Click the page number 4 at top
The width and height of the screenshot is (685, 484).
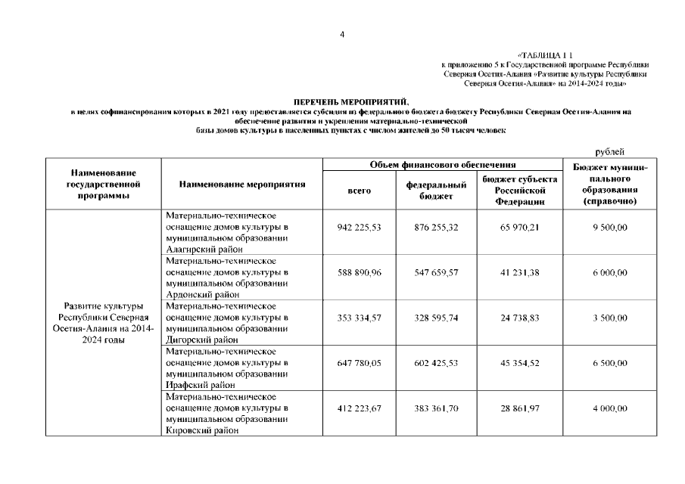coord(342,34)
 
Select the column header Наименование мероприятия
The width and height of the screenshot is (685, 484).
coord(242,184)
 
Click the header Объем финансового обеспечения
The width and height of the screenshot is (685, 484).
coord(443,164)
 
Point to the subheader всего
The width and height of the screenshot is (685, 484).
coord(359,191)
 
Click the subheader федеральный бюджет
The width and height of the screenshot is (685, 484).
coord(436,191)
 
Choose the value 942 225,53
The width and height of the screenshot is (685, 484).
coord(359,227)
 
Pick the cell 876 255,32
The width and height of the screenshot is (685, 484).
coord(436,227)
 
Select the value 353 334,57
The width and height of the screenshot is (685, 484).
coord(359,318)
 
